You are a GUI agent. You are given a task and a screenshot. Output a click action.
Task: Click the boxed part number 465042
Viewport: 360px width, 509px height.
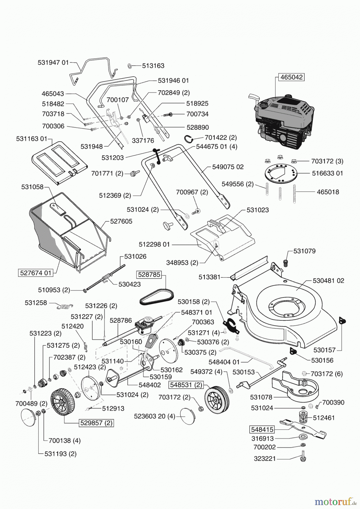point(292,77)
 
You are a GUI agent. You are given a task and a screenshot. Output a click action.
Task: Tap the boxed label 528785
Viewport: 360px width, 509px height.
point(149,275)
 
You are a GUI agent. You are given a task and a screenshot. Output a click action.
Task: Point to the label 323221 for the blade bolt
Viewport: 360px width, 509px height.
point(264,458)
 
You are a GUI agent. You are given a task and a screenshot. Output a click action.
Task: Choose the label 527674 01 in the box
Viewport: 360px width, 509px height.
point(36,273)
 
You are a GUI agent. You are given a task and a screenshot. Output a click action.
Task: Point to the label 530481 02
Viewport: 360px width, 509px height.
point(328,281)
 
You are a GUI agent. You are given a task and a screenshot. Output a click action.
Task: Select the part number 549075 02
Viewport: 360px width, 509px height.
point(228,167)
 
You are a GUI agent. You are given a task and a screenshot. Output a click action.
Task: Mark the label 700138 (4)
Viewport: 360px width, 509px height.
point(61,440)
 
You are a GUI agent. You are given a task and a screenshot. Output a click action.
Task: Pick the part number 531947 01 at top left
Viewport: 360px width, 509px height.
point(53,62)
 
